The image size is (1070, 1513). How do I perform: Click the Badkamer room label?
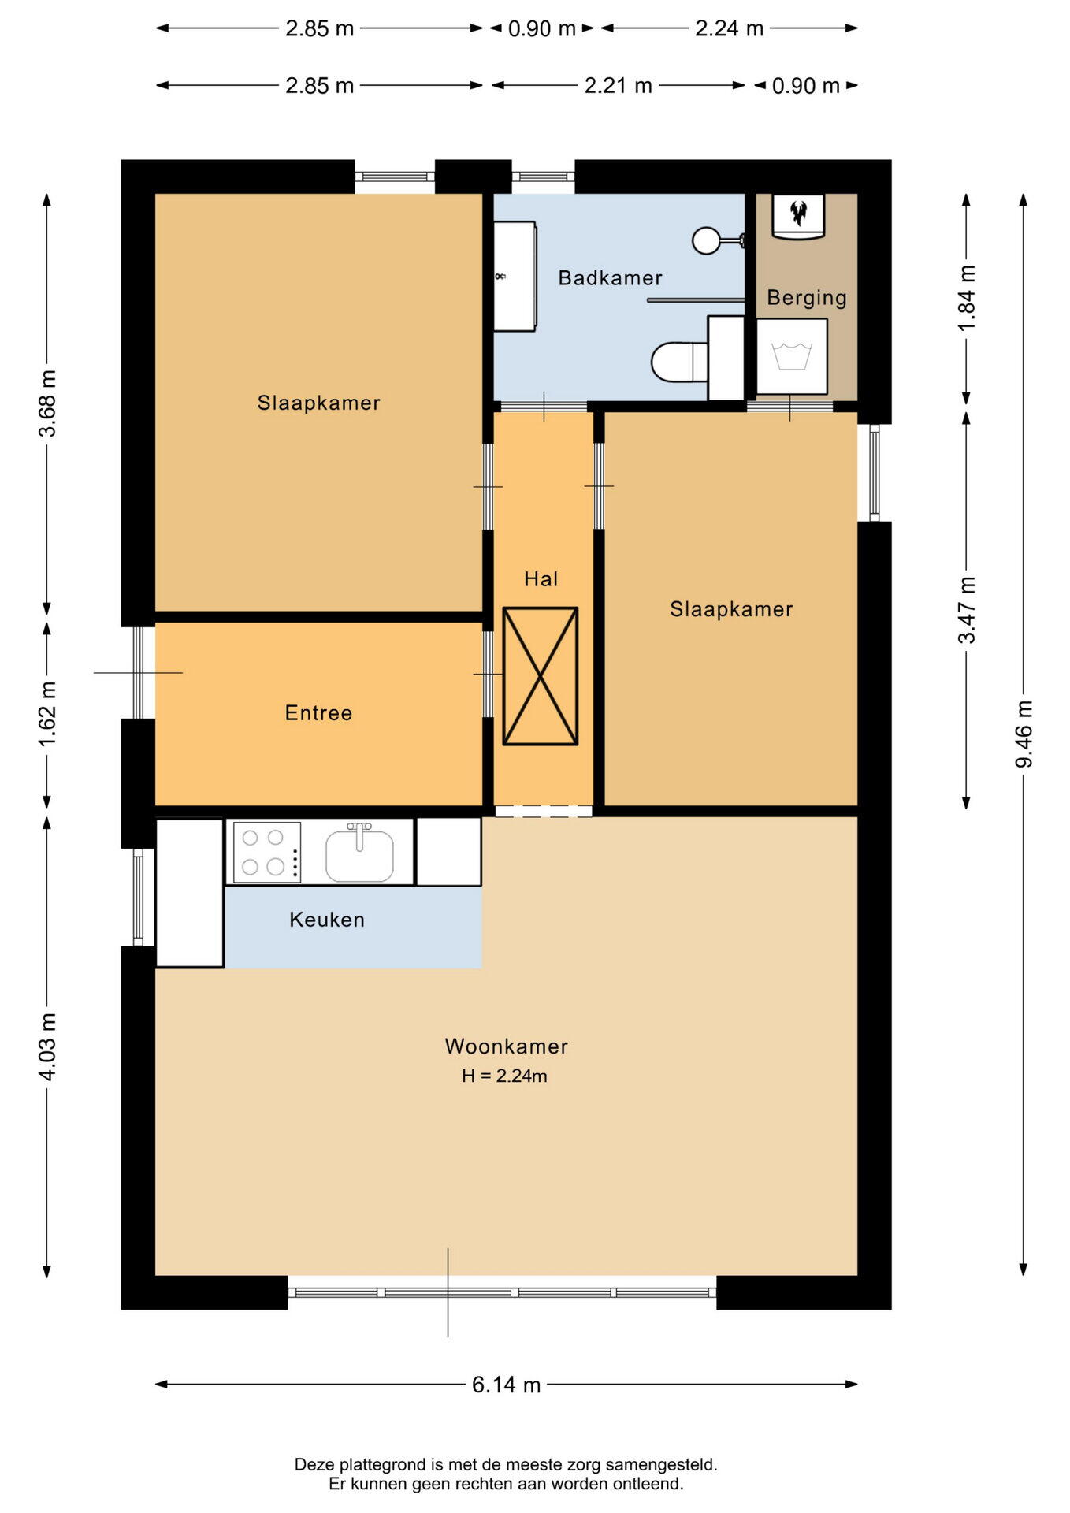(610, 277)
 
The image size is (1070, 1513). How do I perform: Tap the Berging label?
(807, 297)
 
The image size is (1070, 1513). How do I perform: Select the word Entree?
(318, 712)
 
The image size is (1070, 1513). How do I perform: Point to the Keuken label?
(327, 919)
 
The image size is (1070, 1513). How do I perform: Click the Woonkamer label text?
(507, 1046)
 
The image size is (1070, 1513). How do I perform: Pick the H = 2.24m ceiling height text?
(504, 1076)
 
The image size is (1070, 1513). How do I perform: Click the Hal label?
(541, 579)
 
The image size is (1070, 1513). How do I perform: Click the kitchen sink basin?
(359, 855)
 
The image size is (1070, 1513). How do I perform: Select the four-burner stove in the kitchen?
(267, 852)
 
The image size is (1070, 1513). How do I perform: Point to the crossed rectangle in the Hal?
(541, 676)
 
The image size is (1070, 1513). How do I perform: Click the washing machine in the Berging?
(792, 356)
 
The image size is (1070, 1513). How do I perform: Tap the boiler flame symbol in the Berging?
(799, 212)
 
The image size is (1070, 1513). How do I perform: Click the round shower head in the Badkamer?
(706, 240)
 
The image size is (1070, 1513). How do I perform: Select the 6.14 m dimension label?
(507, 1385)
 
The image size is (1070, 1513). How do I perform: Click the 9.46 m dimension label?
(1024, 734)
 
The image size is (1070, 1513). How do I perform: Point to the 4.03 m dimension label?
(47, 1047)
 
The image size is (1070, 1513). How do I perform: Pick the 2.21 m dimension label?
(619, 85)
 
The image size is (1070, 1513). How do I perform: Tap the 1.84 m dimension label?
(967, 298)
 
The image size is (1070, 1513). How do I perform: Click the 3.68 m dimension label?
(47, 403)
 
